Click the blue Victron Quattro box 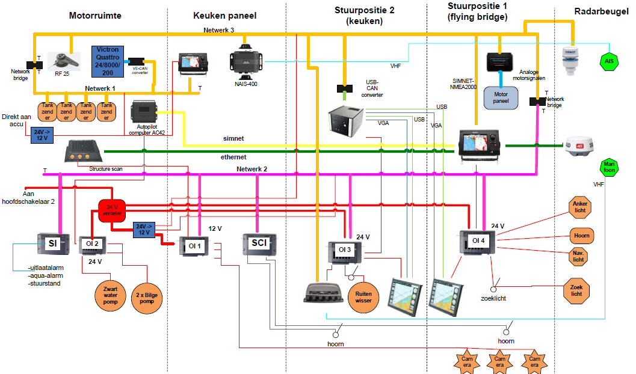click(108, 61)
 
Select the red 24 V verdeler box click(111, 210)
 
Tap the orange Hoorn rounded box click(582, 235)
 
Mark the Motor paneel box click(501, 97)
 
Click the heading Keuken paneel click(224, 16)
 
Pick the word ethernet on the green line click(234, 156)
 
